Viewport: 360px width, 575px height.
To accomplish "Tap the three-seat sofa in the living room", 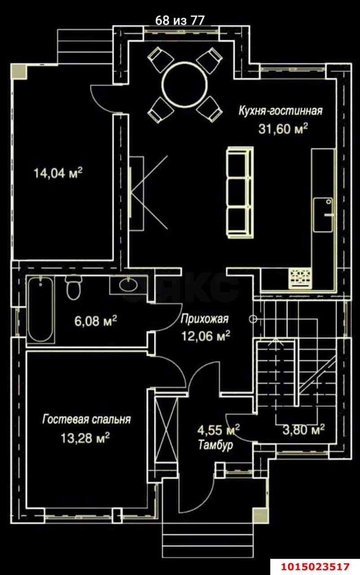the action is point(240,193).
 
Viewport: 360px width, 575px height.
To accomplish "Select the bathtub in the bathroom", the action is point(41,310).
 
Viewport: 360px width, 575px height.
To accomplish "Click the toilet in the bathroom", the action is point(73,287).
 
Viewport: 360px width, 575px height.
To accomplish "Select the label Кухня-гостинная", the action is point(281,111).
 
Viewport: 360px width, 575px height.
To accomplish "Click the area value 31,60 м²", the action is point(283,128).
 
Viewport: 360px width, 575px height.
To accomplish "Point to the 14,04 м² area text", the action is point(58,173).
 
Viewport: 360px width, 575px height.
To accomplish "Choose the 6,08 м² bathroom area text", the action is point(96,321).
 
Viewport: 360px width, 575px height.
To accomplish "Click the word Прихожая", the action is point(204,319).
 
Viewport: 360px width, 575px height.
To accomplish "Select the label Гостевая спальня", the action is point(87,420).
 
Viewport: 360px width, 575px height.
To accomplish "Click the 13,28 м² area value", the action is point(85,438).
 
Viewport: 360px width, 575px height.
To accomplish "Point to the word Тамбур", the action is point(215,445).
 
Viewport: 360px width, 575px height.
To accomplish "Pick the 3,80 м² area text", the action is point(303,430).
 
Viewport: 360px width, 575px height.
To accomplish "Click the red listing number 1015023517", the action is point(316,566).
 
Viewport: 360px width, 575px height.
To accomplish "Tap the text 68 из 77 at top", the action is point(180,21).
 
